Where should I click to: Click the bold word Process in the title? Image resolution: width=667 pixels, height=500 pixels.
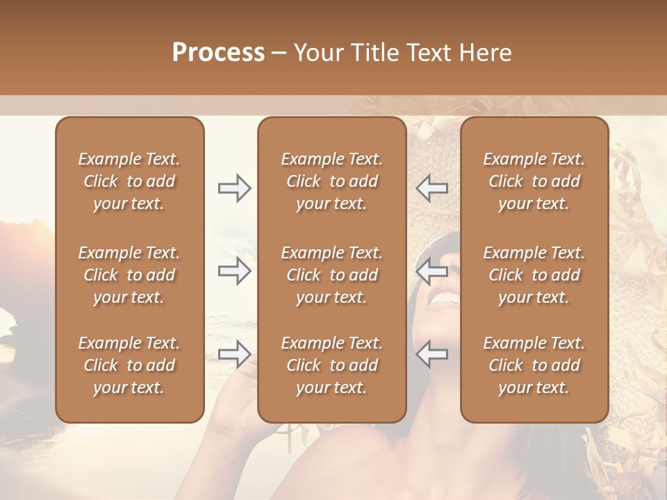pos(218,53)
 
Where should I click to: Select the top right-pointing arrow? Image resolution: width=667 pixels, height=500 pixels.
pos(234,188)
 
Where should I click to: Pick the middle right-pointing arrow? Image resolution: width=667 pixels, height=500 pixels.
pos(234,271)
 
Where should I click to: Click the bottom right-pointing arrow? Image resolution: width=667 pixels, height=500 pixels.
pos(234,354)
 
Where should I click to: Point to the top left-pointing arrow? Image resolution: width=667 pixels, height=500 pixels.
pos(432,188)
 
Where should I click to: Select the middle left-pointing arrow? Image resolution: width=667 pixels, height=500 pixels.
pos(432,271)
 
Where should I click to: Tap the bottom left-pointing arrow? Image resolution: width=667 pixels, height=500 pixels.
pos(432,354)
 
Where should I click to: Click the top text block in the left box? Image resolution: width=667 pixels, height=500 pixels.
pos(129,181)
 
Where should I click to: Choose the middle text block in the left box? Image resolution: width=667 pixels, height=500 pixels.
pos(129,275)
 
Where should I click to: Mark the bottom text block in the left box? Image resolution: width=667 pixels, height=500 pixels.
pos(129,365)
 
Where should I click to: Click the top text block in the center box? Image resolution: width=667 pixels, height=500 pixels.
pos(331,181)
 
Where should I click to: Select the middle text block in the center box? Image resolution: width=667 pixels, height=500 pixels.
pos(331,275)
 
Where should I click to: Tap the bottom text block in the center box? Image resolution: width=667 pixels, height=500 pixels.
pos(331,365)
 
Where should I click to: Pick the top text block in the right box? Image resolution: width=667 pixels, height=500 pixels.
pos(534,181)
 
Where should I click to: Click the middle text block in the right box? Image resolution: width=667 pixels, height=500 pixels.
pos(534,275)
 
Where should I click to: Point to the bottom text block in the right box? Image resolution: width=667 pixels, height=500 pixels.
pos(534,365)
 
